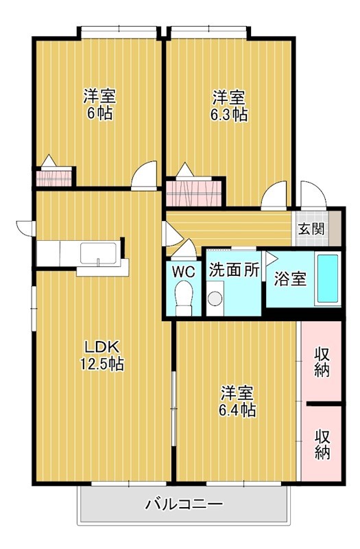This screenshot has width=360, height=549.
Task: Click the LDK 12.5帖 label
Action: (x=101, y=355)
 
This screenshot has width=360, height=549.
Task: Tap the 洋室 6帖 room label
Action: (x=99, y=105)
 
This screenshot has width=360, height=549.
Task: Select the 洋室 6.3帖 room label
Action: (x=229, y=106)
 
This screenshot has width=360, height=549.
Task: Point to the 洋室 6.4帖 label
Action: (x=237, y=401)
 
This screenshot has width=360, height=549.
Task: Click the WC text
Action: (x=184, y=271)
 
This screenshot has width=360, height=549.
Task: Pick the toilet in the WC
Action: (x=184, y=298)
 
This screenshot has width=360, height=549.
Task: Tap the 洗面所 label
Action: (x=234, y=270)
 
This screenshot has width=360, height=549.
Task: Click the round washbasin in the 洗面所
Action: (x=215, y=299)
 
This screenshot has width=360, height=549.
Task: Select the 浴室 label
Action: (x=290, y=279)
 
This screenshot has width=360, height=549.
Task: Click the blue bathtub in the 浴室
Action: (x=328, y=279)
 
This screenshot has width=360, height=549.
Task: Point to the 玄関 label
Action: (x=311, y=229)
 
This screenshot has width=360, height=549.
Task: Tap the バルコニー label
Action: (x=184, y=504)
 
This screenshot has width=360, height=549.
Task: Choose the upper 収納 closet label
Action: (x=322, y=362)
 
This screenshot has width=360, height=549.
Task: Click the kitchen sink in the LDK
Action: (x=98, y=253)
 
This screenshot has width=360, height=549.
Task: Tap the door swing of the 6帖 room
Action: (x=144, y=175)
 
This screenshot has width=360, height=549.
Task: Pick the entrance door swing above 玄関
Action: (x=313, y=194)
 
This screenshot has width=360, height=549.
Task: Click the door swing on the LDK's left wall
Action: (x=25, y=228)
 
